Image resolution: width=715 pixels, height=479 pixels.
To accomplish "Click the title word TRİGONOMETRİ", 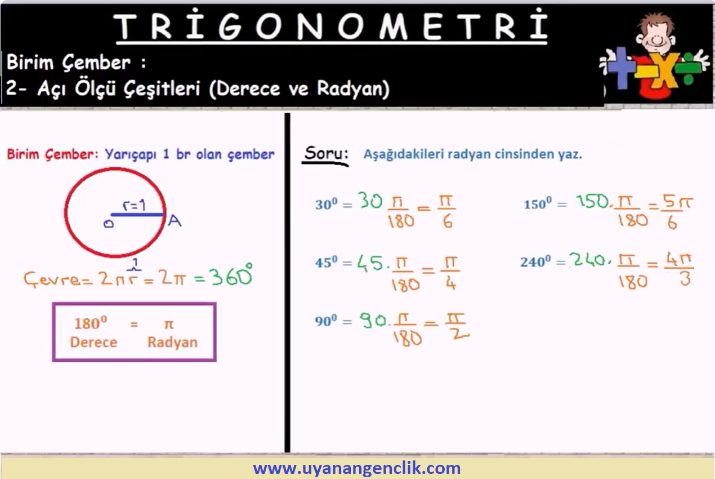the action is [x=330, y=25].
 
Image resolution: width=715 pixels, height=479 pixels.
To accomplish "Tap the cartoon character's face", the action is [x=656, y=35].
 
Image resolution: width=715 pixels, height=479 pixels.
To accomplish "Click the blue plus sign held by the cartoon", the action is [x=620, y=68].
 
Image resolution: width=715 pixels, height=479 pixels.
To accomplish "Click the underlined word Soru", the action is [x=325, y=154].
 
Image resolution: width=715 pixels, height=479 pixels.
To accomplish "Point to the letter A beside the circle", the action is [x=175, y=220].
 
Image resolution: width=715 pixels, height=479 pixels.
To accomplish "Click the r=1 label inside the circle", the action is [x=134, y=205].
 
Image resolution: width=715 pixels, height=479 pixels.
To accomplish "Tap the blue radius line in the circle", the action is [x=137, y=215].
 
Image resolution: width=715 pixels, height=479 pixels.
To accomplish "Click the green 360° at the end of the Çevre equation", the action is [x=231, y=276].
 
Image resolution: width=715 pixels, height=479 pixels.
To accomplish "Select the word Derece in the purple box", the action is [x=93, y=343].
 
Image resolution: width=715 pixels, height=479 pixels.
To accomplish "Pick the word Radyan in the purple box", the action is [x=172, y=343].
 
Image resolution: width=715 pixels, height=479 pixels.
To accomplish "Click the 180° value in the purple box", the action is [x=91, y=323].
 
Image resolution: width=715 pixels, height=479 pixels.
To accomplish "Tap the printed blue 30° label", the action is [x=326, y=204].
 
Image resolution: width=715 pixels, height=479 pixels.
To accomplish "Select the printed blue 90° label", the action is [x=326, y=321].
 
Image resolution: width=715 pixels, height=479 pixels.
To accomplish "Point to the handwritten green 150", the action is [x=592, y=202].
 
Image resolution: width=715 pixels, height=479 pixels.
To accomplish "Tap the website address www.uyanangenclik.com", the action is [x=357, y=468].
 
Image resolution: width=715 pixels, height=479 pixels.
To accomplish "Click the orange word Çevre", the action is [x=52, y=278].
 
